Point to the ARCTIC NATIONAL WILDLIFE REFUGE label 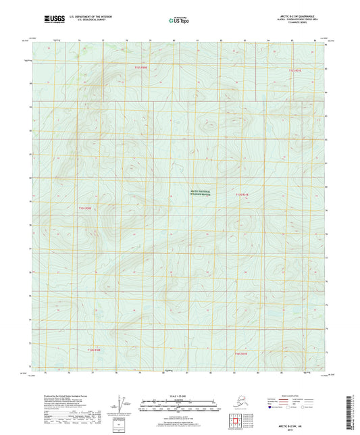click(x=200, y=193)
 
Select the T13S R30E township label click(x=84, y=208)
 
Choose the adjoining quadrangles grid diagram click(x=238, y=419)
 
